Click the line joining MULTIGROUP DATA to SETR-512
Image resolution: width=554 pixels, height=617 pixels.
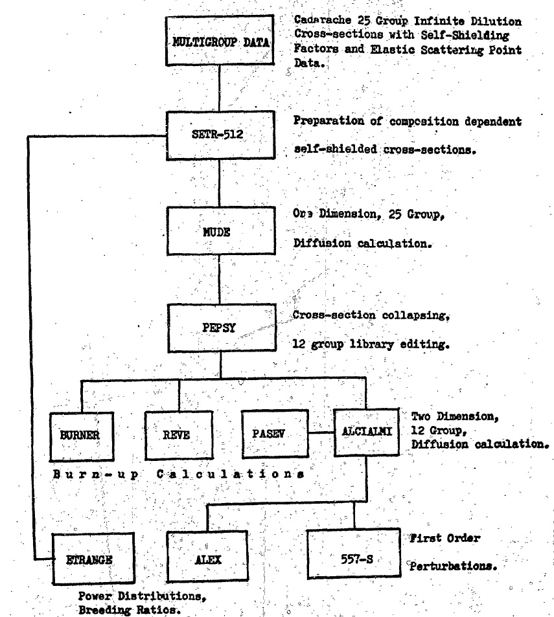220,89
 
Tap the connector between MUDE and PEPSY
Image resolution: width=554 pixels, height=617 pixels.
220,279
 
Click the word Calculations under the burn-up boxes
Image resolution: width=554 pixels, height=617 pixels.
231,474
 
